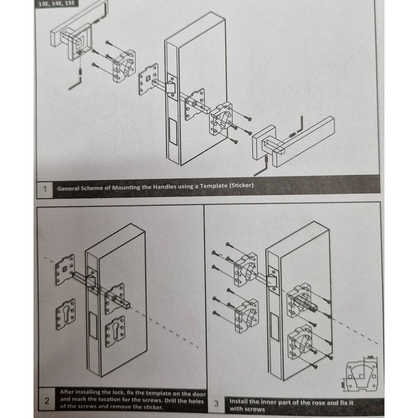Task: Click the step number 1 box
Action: click(x=45, y=189)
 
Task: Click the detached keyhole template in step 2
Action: click(x=66, y=314)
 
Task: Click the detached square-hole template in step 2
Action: click(x=66, y=269)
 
